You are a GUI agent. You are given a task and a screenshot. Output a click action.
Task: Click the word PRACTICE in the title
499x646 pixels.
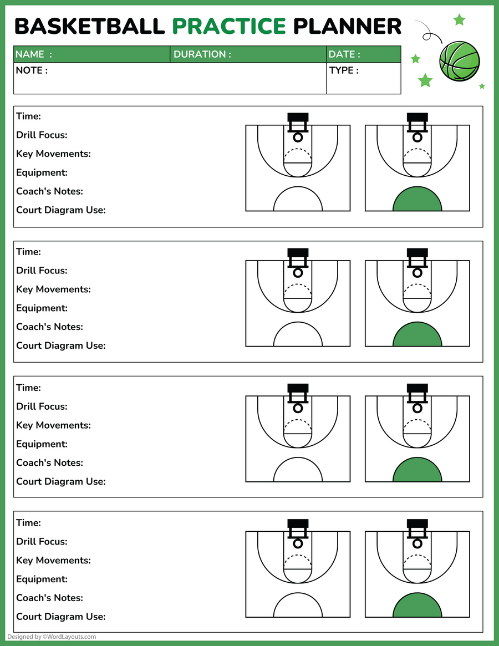pos(229,26)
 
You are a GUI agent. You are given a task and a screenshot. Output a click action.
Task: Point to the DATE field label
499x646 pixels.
pos(344,54)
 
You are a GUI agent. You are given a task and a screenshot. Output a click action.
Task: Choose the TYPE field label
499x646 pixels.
pos(344,70)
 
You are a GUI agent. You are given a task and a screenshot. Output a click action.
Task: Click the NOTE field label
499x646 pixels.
pos(32,70)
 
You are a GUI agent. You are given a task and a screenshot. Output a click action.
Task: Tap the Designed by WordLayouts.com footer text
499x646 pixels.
pos(52,637)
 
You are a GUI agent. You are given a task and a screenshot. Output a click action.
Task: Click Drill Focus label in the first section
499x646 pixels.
pos(42,135)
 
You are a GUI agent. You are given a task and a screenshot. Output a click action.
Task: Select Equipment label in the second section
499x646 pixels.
pos(42,308)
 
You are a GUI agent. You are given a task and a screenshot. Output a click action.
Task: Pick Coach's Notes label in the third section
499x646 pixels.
pos(49,462)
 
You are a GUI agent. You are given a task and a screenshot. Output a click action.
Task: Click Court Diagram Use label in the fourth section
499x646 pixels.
pos(61,616)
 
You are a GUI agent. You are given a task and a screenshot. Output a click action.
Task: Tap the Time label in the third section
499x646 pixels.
pos(28,388)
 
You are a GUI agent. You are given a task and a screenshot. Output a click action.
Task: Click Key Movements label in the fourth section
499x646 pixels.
pos(53,560)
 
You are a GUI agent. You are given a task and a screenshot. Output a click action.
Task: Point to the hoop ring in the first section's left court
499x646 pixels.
pos(298,137)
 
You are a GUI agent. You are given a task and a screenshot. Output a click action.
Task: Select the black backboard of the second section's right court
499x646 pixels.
pos(417,252)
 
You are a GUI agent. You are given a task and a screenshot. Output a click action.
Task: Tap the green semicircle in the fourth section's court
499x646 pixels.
pos(417,607)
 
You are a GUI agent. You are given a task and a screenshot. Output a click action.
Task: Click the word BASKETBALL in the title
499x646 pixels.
pos(89,26)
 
